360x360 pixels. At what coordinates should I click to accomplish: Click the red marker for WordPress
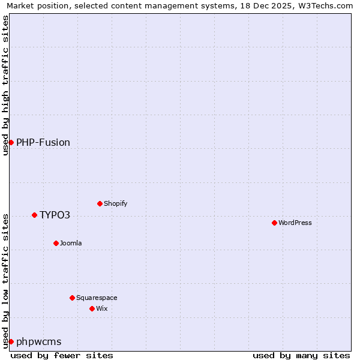(x=274, y=223)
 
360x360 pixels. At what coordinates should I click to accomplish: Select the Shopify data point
(x=100, y=203)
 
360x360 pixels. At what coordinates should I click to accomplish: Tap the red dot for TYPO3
(x=34, y=215)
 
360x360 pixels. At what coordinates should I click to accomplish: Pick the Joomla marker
(x=56, y=243)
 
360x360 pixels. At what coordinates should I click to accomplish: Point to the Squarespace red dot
(x=72, y=298)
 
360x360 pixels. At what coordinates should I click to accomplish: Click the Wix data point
(x=92, y=308)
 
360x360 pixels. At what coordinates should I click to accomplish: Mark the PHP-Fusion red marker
(x=11, y=142)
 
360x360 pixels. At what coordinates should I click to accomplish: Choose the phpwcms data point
(x=11, y=341)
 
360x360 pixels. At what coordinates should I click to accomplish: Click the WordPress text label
(x=295, y=223)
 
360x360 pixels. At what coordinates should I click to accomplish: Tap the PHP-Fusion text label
(x=43, y=142)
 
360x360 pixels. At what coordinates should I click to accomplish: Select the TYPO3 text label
(x=55, y=215)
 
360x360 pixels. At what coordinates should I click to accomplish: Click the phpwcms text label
(x=39, y=341)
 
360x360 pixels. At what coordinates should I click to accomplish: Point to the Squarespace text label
(x=97, y=298)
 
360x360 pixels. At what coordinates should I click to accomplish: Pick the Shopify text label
(x=116, y=203)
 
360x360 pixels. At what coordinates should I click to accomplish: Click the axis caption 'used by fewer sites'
(x=62, y=355)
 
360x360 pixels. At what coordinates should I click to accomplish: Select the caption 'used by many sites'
(x=301, y=355)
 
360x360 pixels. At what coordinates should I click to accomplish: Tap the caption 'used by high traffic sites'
(x=5, y=85)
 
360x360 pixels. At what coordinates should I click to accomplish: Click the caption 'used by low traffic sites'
(x=5, y=280)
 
